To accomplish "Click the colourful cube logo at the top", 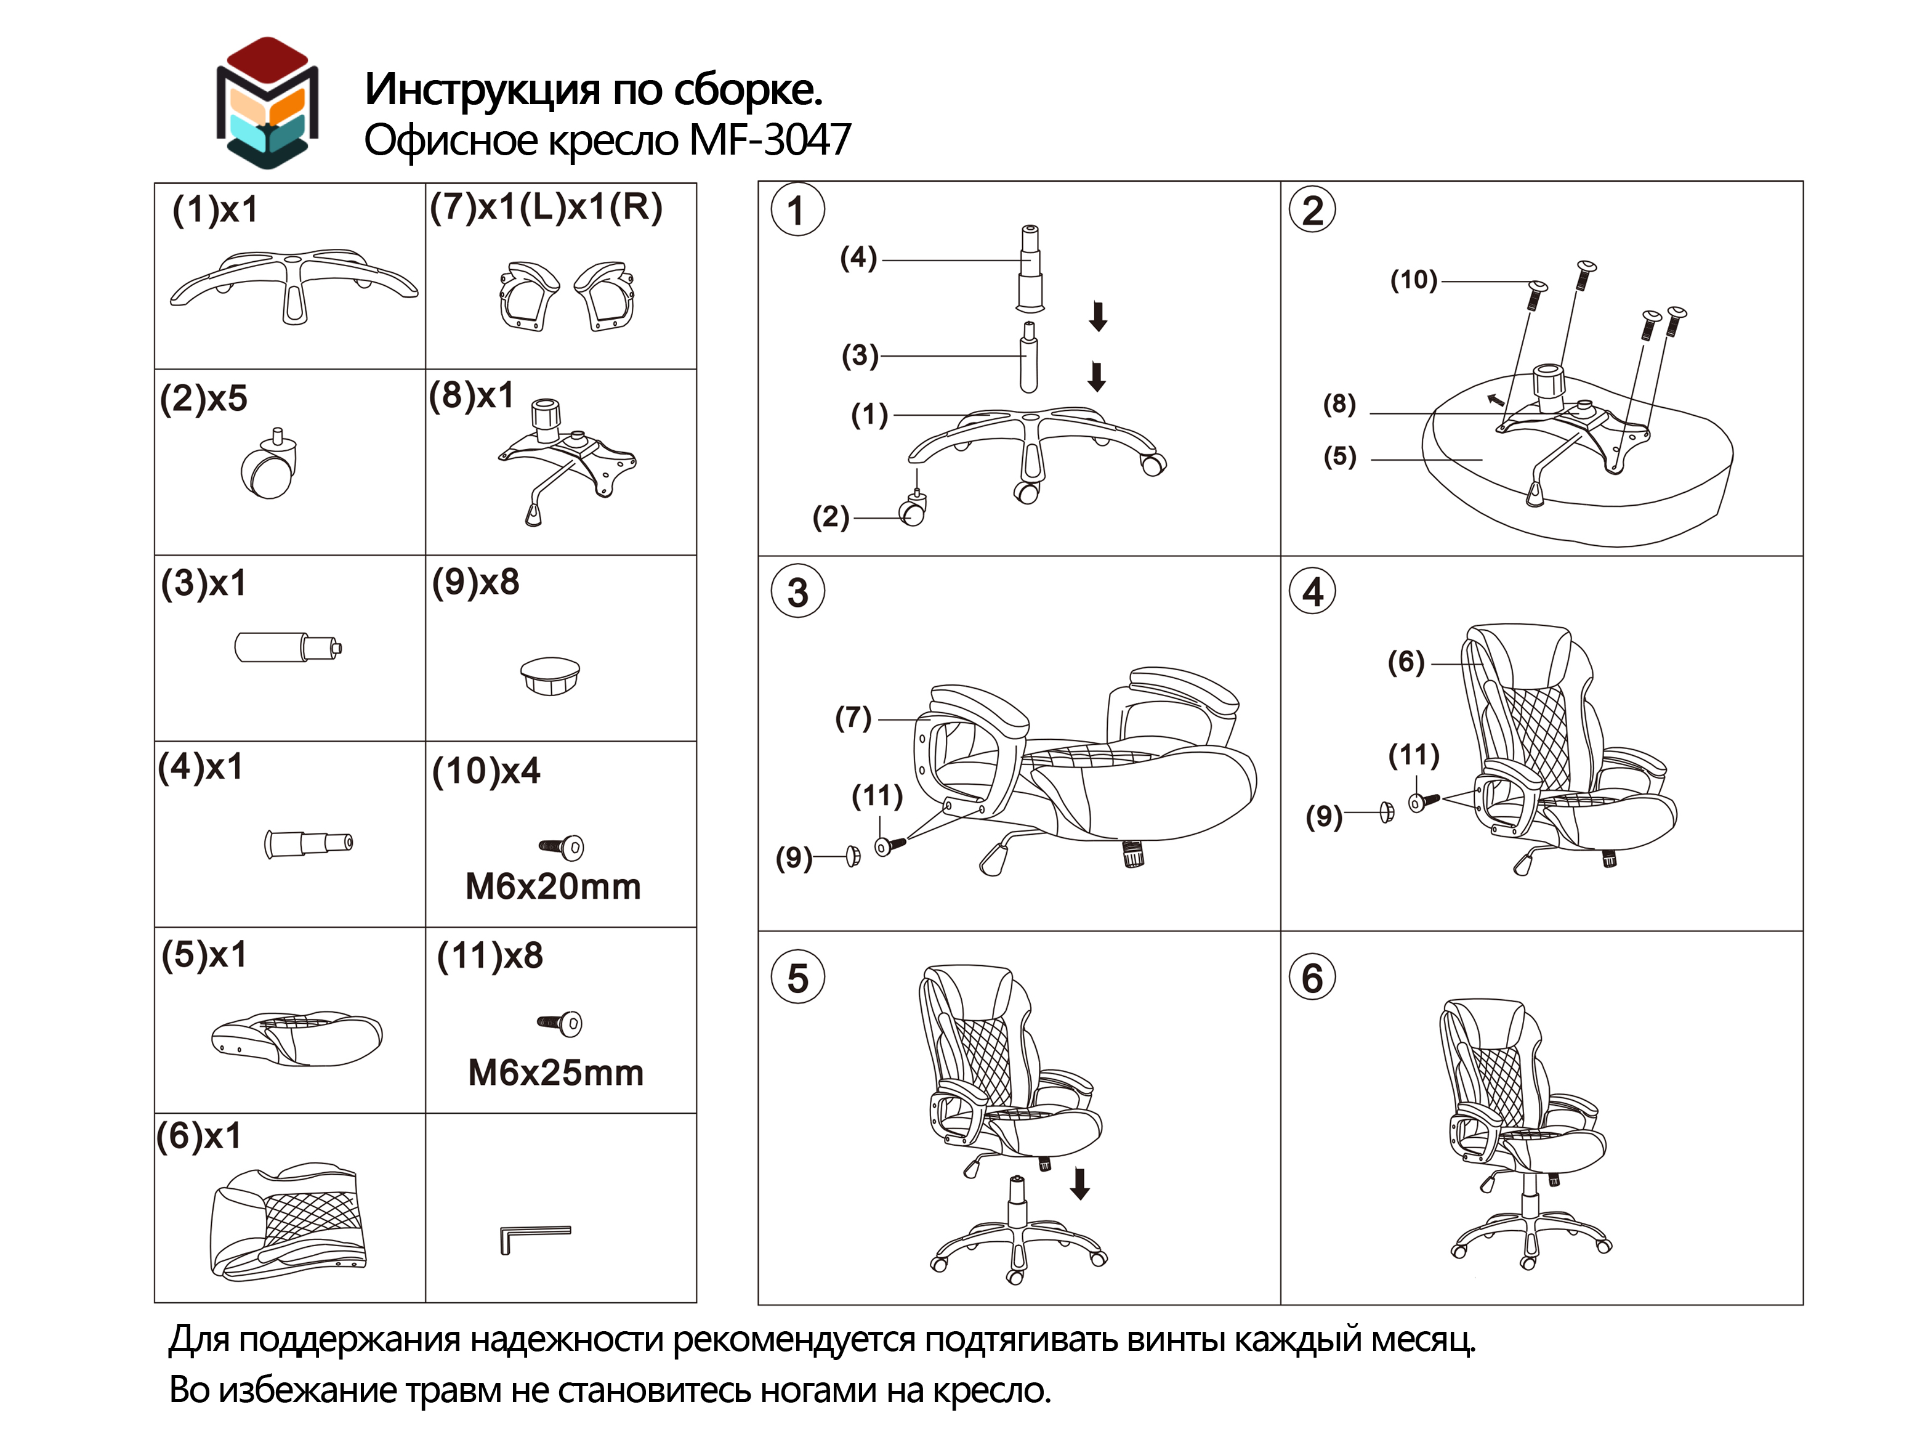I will coord(267,102).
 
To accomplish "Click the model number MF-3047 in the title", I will coord(769,140).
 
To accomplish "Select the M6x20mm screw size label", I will coord(553,886).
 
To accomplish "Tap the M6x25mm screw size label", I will coord(555,1072).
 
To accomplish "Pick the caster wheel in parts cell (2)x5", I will coord(270,467).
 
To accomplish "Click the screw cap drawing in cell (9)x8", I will coord(551,675).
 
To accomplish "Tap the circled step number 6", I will coord(1312,977).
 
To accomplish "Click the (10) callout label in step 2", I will coord(1414,280).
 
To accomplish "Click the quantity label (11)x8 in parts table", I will coord(490,955).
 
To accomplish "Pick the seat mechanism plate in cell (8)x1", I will coord(568,460).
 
